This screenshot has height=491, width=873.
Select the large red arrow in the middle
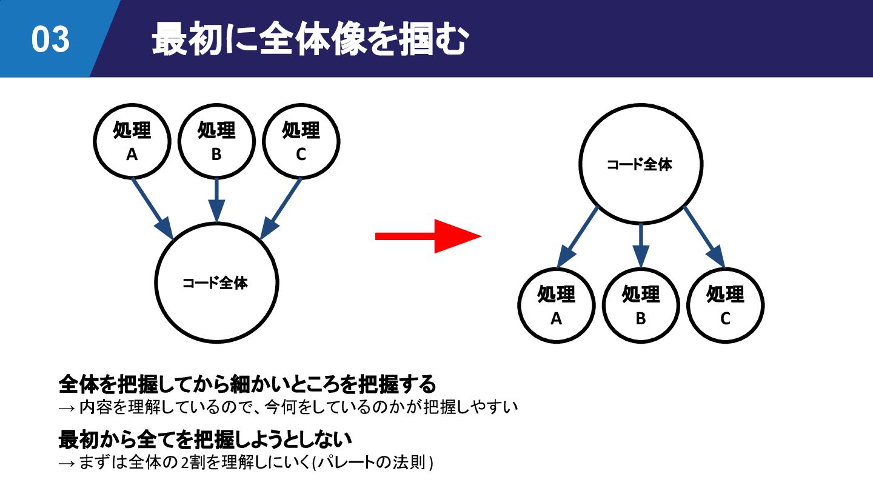tap(428, 236)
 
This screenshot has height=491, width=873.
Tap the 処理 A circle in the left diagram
tap(132, 141)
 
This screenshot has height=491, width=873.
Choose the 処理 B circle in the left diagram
tap(216, 141)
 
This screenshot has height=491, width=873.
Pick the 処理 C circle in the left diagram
tap(301, 141)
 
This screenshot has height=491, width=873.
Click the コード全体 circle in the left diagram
tap(216, 282)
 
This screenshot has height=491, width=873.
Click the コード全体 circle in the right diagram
tap(641, 164)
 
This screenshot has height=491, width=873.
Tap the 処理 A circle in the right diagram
tap(557, 305)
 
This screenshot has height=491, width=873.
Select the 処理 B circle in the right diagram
tap(641, 305)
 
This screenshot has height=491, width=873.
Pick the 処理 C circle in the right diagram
tap(726, 305)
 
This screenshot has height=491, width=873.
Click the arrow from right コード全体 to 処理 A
tap(578, 237)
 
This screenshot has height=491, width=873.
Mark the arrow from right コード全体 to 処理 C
tap(704, 237)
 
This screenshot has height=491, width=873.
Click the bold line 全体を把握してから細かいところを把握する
tap(247, 384)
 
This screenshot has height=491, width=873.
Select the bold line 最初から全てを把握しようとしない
tap(206, 439)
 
